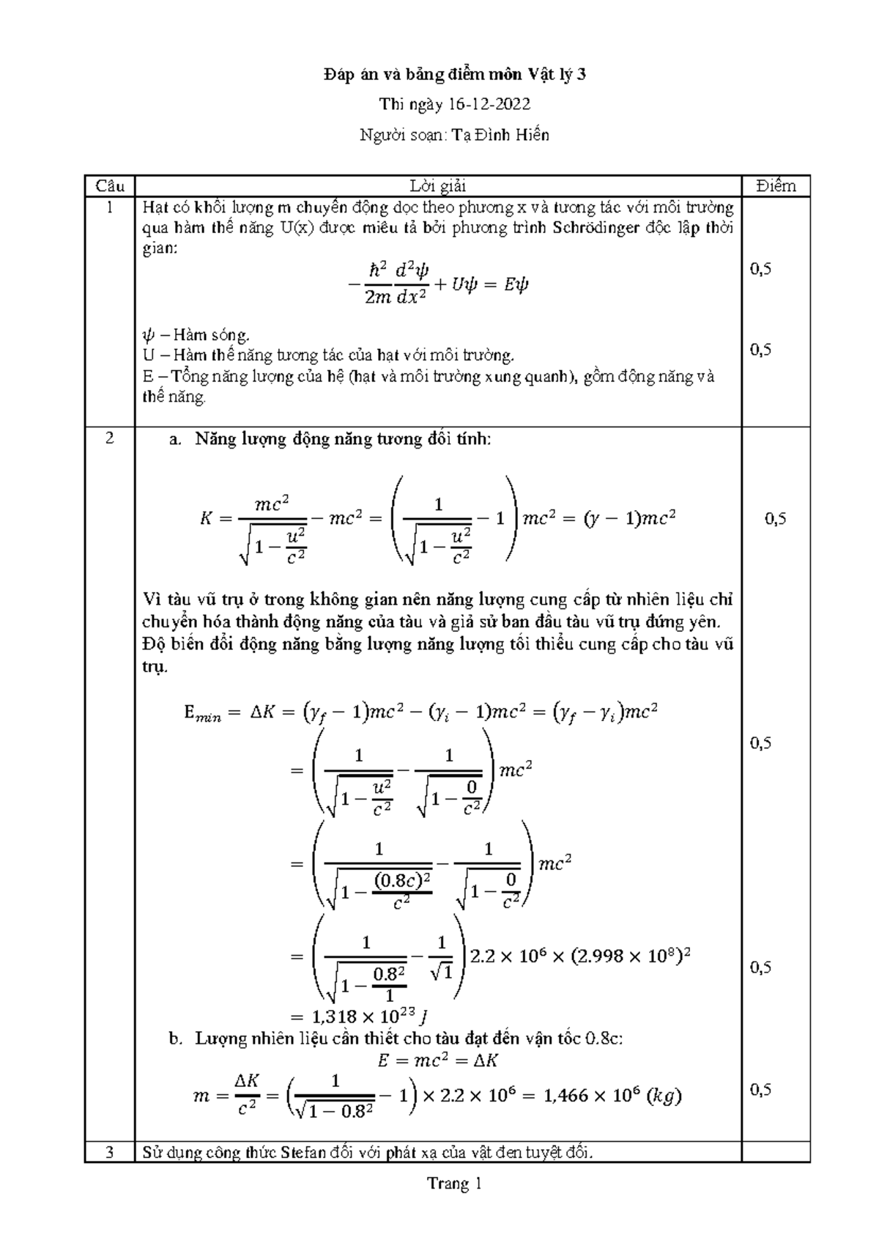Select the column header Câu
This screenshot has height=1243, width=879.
(109, 186)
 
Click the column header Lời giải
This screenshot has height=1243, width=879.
(438, 186)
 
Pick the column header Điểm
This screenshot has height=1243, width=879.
(776, 186)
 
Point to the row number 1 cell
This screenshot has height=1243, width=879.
(109, 207)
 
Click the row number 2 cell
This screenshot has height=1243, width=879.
(109, 439)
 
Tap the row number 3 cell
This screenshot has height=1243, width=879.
(109, 1153)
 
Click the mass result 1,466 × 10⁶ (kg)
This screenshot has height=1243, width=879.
(606, 1096)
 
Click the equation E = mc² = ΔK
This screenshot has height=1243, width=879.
(438, 1061)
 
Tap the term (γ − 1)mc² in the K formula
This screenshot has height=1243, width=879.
(628, 519)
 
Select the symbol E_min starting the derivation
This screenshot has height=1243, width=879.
(202, 712)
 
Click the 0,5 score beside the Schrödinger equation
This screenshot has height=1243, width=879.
(761, 269)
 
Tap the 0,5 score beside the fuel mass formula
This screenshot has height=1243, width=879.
(761, 1090)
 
